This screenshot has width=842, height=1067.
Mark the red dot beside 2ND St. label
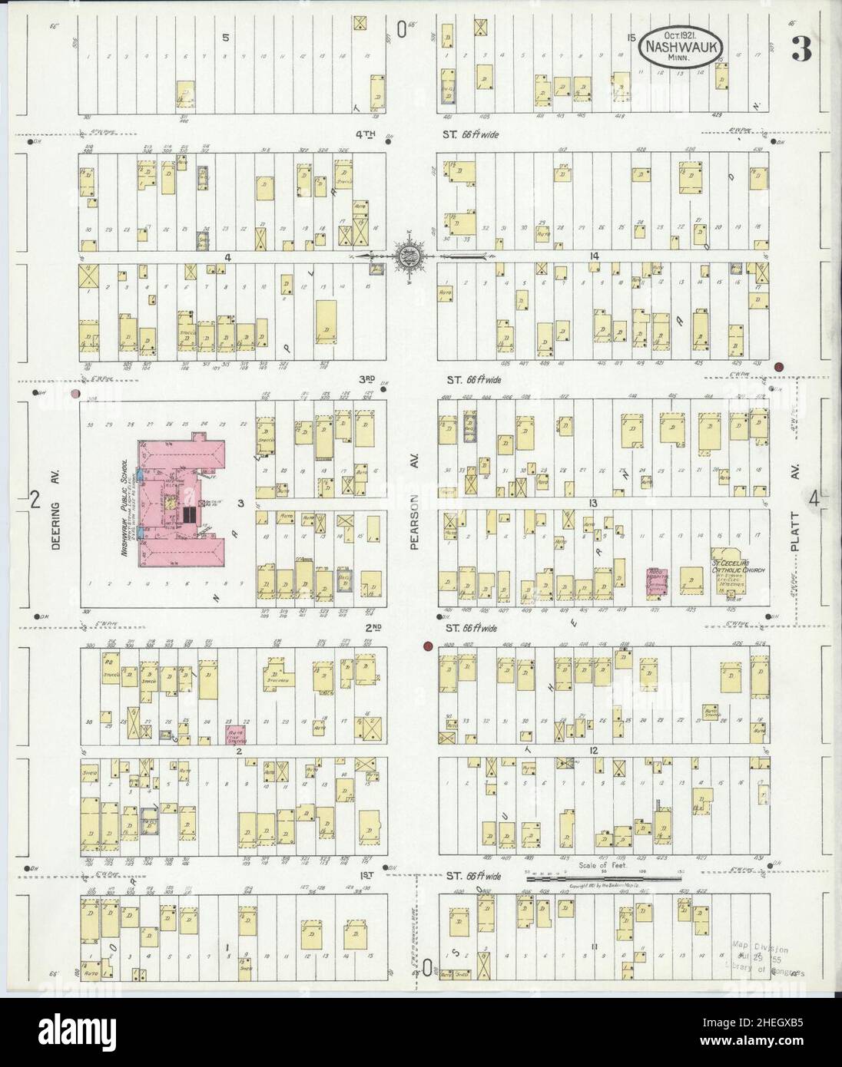(x=426, y=646)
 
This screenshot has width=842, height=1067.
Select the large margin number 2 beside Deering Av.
(x=35, y=499)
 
